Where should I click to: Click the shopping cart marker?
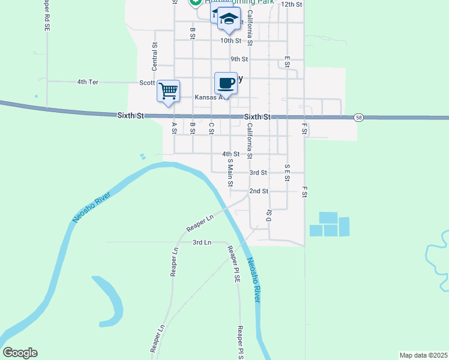(169, 92)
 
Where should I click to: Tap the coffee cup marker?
(226, 83)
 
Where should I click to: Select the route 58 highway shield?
(358, 117)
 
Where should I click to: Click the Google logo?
(20, 353)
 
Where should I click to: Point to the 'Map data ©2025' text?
(423, 355)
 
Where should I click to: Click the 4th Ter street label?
(88, 82)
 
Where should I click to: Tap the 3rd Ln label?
(202, 242)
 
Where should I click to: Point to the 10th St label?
(231, 41)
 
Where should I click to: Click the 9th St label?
(239, 59)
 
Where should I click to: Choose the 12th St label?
(291, 4)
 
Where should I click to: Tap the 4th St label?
(231, 154)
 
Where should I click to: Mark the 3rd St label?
(258, 172)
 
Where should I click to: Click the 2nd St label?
(259, 191)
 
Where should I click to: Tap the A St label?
(174, 128)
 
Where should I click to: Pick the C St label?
(211, 128)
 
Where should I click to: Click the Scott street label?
(147, 83)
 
